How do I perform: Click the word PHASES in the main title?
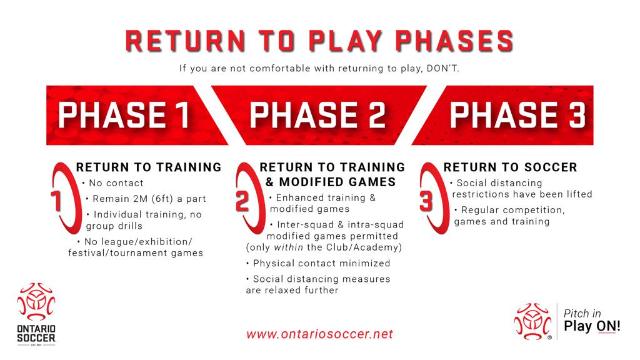pyautogui.click(x=454, y=41)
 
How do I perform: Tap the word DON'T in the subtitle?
pyautogui.click(x=443, y=68)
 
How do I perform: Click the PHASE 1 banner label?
pyautogui.click(x=124, y=115)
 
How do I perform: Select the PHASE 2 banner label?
pyautogui.click(x=317, y=115)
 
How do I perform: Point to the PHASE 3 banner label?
pyautogui.click(x=517, y=115)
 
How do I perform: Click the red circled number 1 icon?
pyautogui.click(x=64, y=198)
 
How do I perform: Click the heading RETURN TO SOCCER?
pyautogui.click(x=510, y=167)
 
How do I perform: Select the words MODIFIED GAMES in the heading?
pyautogui.click(x=337, y=182)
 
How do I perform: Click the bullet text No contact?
pyautogui.click(x=116, y=183)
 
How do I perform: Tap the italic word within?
pyautogui.click(x=289, y=247)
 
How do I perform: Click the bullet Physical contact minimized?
pyautogui.click(x=322, y=263)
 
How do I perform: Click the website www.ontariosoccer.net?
pyautogui.click(x=319, y=334)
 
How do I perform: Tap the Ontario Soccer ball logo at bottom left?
pyautogui.click(x=36, y=302)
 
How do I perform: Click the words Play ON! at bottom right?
pyautogui.click(x=592, y=326)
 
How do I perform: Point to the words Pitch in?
pyautogui.click(x=582, y=314)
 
